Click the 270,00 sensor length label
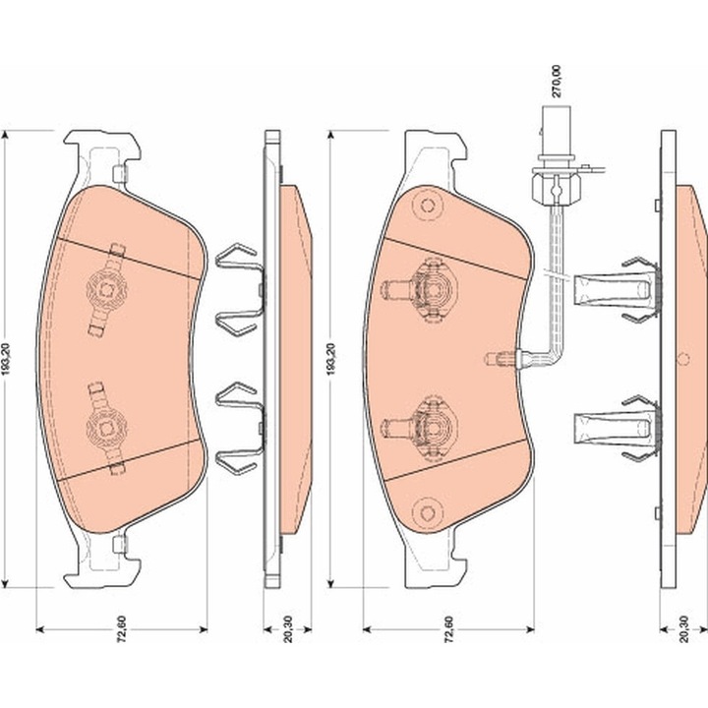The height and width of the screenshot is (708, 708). [557, 82]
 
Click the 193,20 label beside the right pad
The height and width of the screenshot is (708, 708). [331, 360]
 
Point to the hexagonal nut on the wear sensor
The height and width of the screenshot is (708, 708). [556, 188]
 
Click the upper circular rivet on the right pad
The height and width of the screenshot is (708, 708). [427, 206]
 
